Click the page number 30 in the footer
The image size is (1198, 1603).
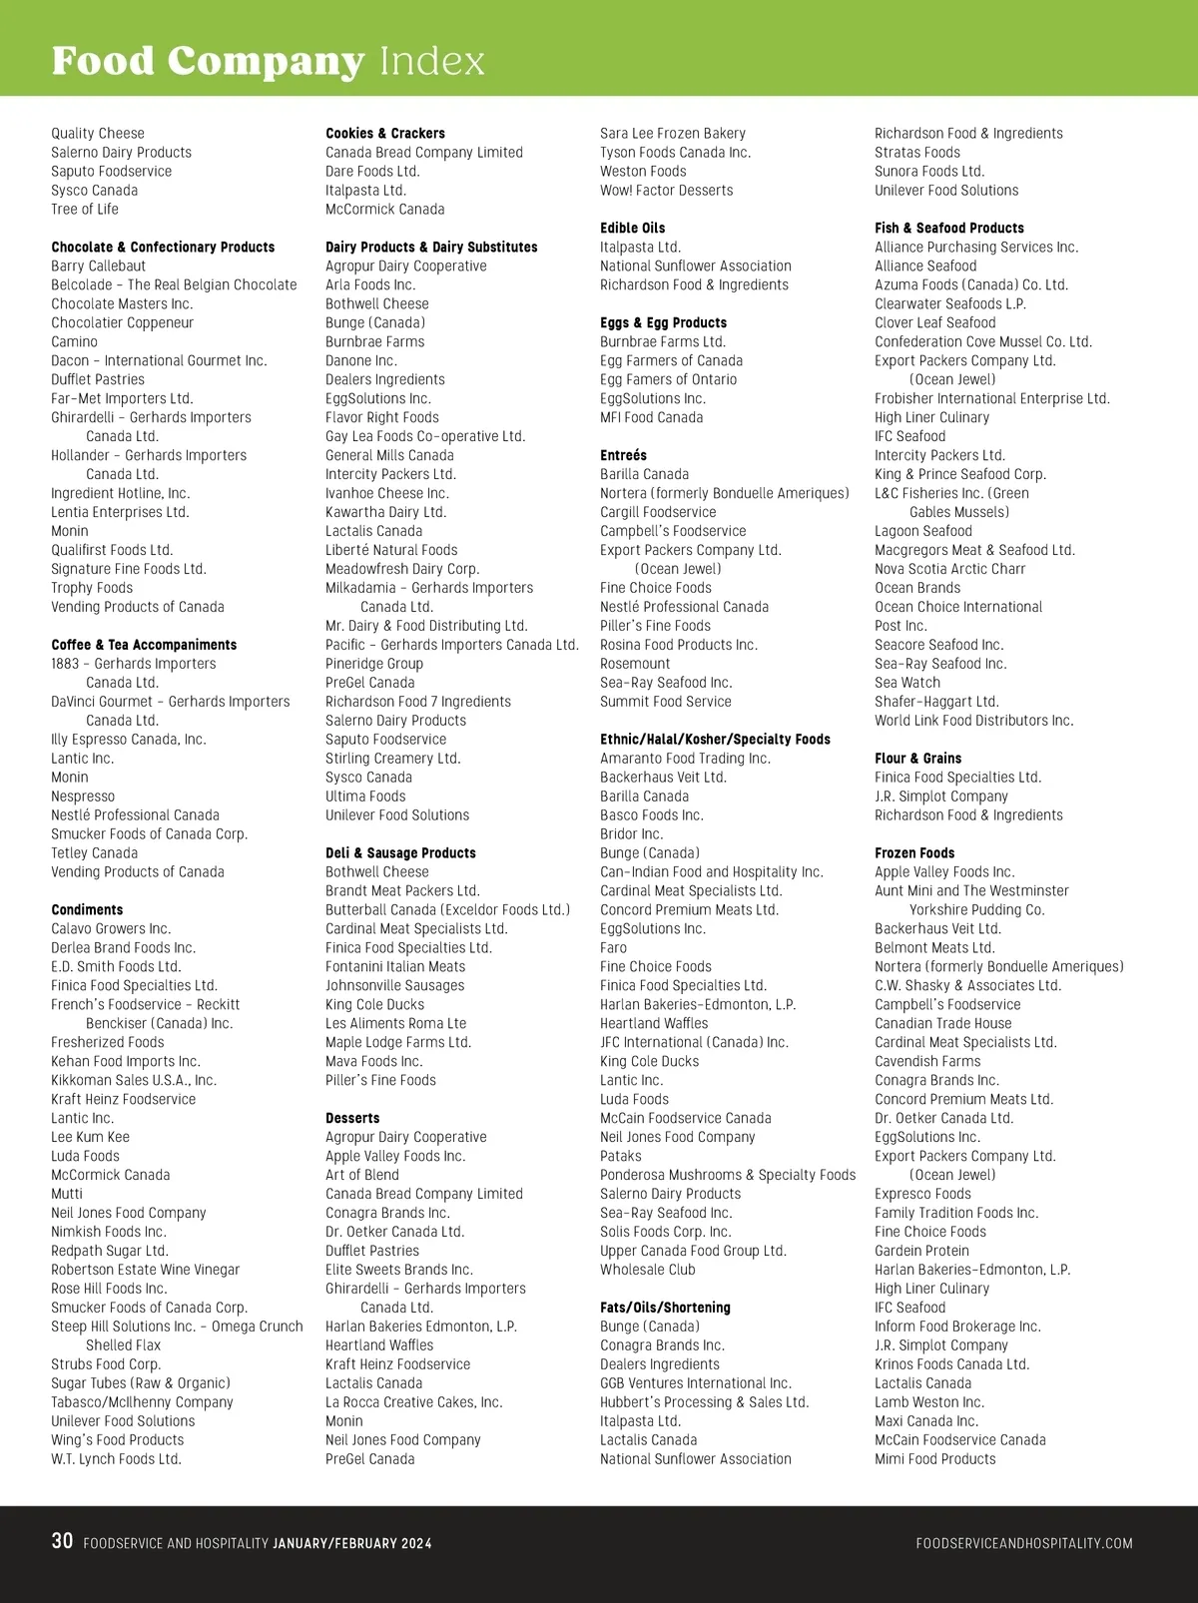coord(62,1541)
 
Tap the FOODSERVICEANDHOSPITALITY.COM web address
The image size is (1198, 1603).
coord(1023,1543)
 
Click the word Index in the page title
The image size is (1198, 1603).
coord(431,62)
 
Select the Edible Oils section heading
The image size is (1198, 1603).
coord(632,229)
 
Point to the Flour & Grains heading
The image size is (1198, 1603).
coord(917,759)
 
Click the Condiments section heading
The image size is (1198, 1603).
coord(87,910)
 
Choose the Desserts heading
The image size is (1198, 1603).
coord(352,1119)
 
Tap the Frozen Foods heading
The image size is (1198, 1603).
coord(913,853)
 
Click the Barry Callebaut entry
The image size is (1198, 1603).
coord(98,267)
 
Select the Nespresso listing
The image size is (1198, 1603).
coord(83,797)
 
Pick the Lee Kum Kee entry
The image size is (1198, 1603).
coord(90,1138)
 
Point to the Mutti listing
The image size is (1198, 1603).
coord(67,1195)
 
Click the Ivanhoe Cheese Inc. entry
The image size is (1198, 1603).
coord(386,494)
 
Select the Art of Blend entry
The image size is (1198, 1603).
coord(361,1176)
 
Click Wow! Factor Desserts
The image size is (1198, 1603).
coord(666,191)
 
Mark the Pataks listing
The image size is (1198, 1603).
coord(620,1157)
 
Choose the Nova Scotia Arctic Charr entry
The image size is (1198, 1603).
coord(949,570)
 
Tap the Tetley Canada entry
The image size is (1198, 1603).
coord(94,853)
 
